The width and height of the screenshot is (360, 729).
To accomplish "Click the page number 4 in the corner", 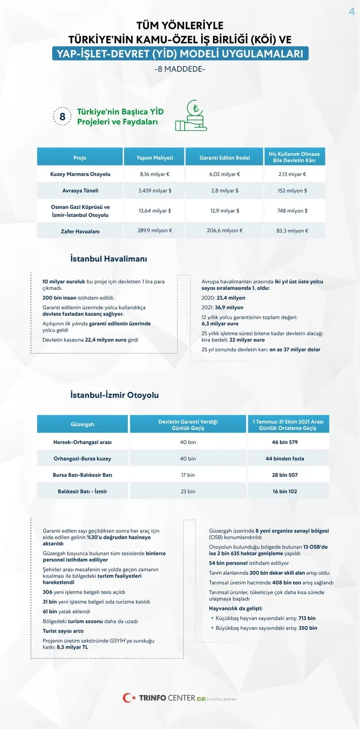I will click(x=352, y=12).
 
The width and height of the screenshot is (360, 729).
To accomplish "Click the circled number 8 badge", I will click(x=62, y=117).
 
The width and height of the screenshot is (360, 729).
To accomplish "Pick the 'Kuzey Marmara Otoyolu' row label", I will click(x=80, y=174).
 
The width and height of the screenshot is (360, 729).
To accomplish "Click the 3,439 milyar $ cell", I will click(x=154, y=190).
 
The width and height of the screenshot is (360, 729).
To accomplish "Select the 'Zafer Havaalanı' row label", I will click(x=80, y=231).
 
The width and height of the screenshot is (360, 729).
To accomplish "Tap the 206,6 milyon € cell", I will click(x=224, y=230).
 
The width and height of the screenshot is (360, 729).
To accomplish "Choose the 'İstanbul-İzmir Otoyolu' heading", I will click(x=114, y=395).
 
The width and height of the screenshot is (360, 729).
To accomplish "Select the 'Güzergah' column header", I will click(x=82, y=424).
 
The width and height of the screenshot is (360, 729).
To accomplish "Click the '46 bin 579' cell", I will click(x=288, y=442).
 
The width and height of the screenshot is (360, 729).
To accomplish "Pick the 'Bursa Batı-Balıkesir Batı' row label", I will click(x=82, y=475).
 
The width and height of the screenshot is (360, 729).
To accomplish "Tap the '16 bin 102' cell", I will click(x=288, y=491).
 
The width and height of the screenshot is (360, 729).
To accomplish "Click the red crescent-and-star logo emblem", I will click(x=129, y=698).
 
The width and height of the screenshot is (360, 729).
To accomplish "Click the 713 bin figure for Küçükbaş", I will click(x=307, y=618).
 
